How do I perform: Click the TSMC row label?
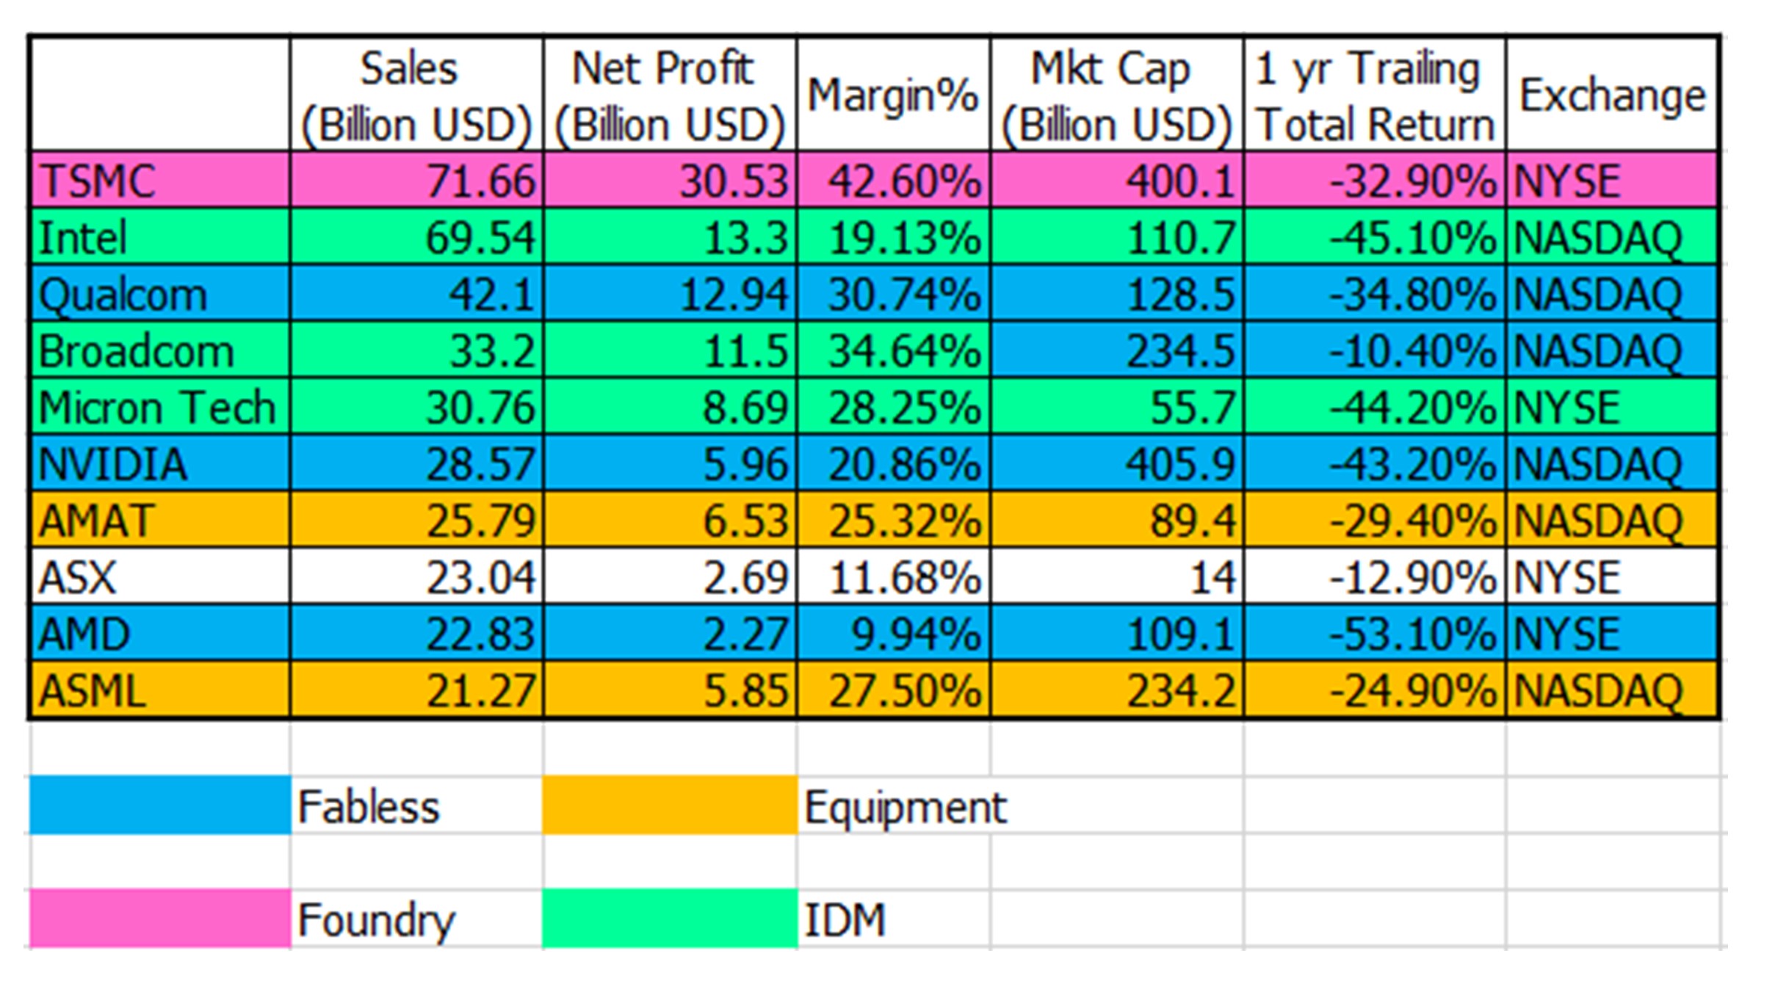coord(98,181)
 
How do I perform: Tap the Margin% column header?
coord(893,96)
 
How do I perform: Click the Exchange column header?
coord(1612,96)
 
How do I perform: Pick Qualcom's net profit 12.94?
coord(734,294)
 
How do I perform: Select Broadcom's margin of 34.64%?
coord(905,351)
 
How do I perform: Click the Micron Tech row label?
coord(157,408)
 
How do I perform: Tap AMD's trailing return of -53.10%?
coord(1412,634)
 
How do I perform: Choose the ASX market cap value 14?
coord(1212,578)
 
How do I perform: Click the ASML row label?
coord(93,692)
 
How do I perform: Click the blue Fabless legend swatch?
coord(159,806)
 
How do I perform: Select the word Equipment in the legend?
coord(905,808)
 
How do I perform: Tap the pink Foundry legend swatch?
coord(159,919)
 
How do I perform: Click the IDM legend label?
coord(845,921)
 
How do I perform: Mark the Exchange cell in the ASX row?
coord(1566,578)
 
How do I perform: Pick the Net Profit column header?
coord(669,96)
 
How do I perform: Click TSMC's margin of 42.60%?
coord(905,181)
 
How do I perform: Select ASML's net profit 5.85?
coord(745,692)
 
